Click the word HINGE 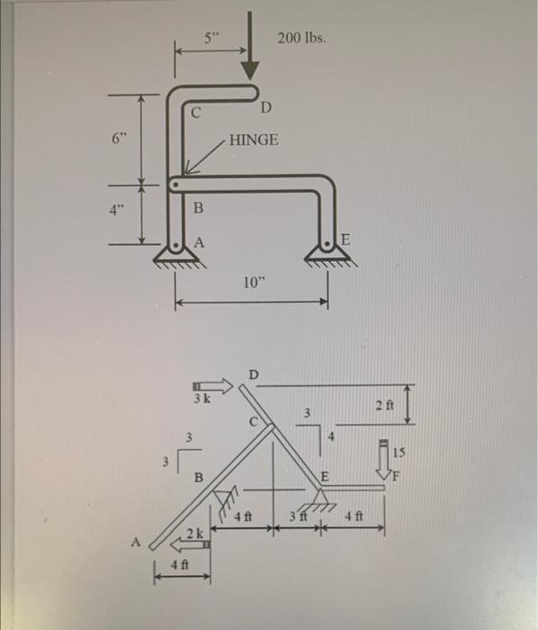(255, 140)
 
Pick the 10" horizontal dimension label (254, 283)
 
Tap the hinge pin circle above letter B (177, 184)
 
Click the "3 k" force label (202, 397)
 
